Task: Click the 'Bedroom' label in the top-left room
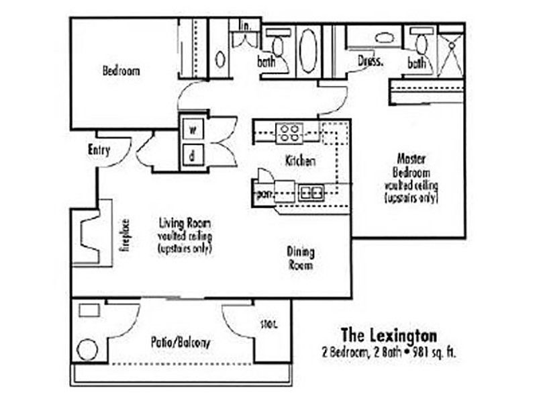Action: point(121,70)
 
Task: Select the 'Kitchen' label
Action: point(300,161)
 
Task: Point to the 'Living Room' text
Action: point(185,222)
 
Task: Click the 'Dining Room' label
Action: point(301,259)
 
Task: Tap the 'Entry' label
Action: point(99,150)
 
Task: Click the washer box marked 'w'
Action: point(192,129)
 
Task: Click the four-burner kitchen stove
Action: point(289,132)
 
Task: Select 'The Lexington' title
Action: point(389,334)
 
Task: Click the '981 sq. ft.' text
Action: point(434,351)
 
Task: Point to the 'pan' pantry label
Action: point(262,194)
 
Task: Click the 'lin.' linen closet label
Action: point(245,26)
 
